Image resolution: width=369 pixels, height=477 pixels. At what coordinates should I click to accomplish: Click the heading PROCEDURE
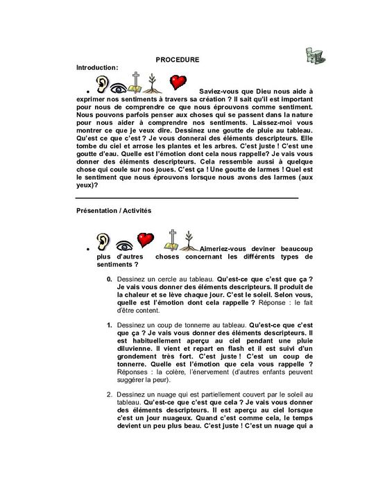pos(178,60)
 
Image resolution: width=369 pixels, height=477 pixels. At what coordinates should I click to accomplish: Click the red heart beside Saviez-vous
pos(179,83)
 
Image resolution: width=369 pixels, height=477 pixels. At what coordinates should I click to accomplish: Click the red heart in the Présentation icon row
pos(144,240)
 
